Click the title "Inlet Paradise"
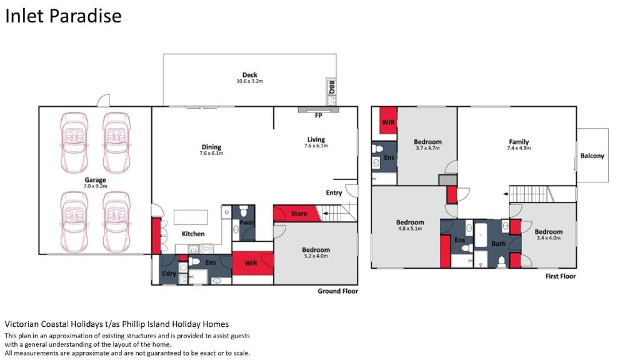coord(63,16)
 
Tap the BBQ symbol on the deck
coord(331,92)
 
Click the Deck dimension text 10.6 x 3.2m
coord(250,81)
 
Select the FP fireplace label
coord(318,116)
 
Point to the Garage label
coord(95,179)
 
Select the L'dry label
coord(169,273)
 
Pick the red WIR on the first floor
coord(388,121)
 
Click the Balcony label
coord(592,156)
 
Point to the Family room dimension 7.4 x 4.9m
coord(519,148)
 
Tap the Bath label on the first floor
coord(498,243)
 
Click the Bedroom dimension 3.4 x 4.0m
coord(549,237)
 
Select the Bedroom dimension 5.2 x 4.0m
coord(316,256)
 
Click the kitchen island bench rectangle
coord(191,217)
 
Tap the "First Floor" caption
coord(561,276)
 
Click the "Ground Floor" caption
coord(337,291)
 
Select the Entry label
coord(334,192)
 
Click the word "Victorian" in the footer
coord(22,324)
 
